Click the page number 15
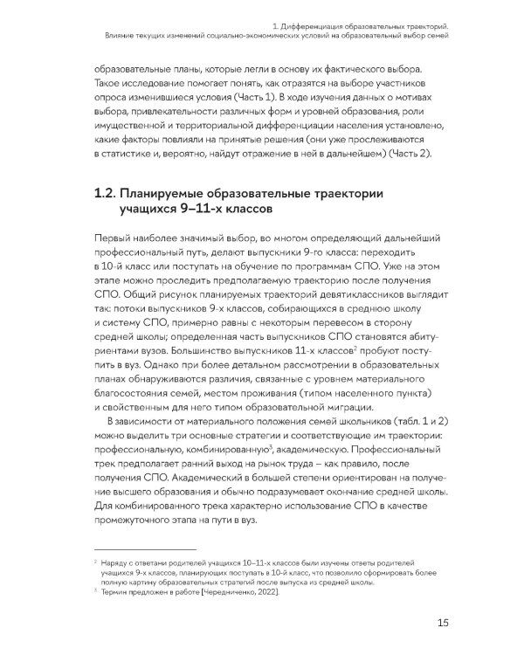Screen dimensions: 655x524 (443, 623)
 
